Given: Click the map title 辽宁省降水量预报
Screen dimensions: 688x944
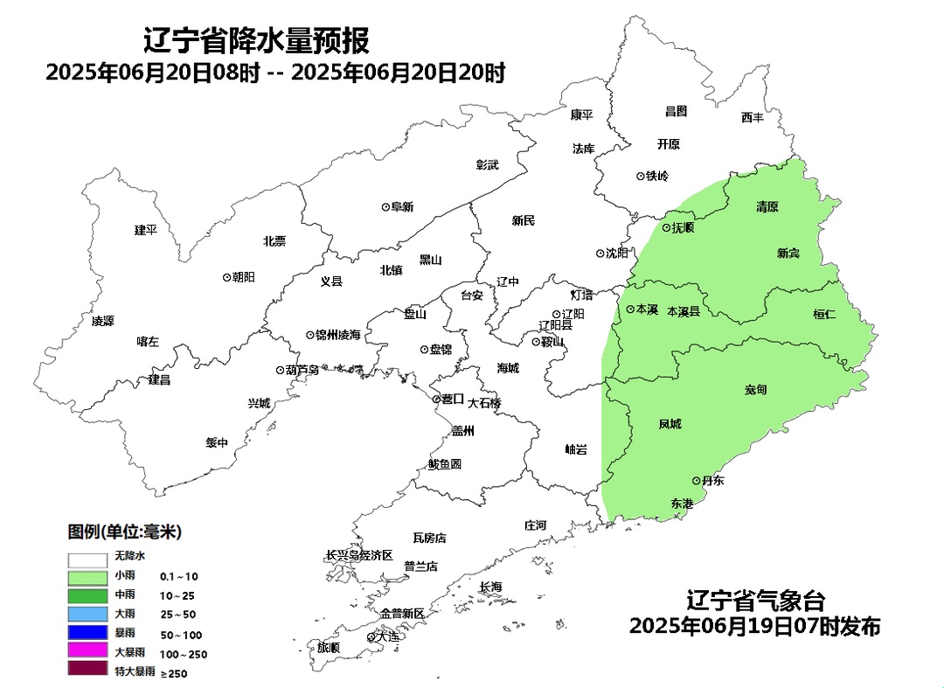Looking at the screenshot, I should pyautogui.click(x=256, y=40).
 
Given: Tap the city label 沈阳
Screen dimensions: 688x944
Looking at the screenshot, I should pyautogui.click(x=617, y=254).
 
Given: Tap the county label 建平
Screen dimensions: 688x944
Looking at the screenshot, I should pyautogui.click(x=145, y=230).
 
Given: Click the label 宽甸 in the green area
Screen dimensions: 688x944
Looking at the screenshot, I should pyautogui.click(x=756, y=389).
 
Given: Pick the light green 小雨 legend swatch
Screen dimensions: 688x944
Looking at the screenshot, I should pyautogui.click(x=88, y=576).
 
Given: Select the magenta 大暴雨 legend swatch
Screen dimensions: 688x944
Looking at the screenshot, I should pyautogui.click(x=88, y=652).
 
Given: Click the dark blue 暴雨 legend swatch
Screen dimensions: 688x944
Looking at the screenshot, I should pyautogui.click(x=88, y=633).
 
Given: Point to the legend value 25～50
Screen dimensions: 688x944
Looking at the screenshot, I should pyautogui.click(x=177, y=615).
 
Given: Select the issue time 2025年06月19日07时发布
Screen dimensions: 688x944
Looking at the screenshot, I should pyautogui.click(x=754, y=627).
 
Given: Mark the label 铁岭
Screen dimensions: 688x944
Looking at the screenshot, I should pyautogui.click(x=657, y=176).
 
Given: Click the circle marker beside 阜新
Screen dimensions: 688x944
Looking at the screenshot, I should pyautogui.click(x=385, y=207).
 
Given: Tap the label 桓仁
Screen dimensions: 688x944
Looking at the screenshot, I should pyautogui.click(x=824, y=314).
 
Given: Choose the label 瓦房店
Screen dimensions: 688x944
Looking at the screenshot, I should pyautogui.click(x=429, y=538).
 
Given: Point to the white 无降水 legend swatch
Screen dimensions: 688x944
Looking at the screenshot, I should pyautogui.click(x=88, y=557).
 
